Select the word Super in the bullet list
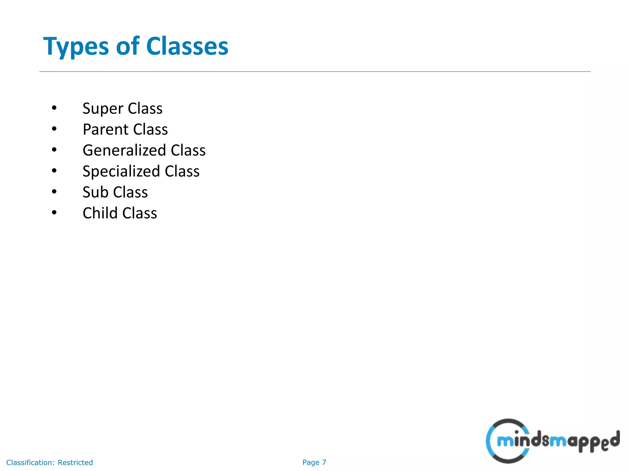pyautogui.click(x=103, y=109)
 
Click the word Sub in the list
pyautogui.click(x=95, y=192)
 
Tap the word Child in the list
pyautogui.click(x=100, y=213)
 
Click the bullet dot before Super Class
pyautogui.click(x=54, y=108)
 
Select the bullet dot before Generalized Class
pyautogui.click(x=54, y=150)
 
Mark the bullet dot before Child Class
pyautogui.click(x=54, y=213)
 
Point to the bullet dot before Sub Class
pyautogui.click(x=54, y=192)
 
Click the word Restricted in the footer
pyautogui.click(x=75, y=462)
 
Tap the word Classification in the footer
pyautogui.click(x=30, y=462)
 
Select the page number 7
pyautogui.click(x=324, y=462)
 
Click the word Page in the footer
pyautogui.click(x=311, y=462)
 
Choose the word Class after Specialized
pyautogui.click(x=182, y=171)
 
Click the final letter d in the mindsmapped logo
pyautogui.click(x=614, y=439)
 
